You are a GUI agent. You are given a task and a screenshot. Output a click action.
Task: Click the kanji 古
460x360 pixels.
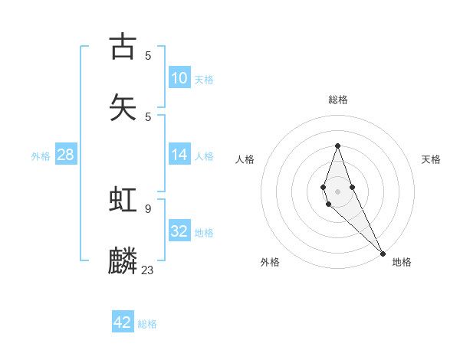click(x=123, y=47)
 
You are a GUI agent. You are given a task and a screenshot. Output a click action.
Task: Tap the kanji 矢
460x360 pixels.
click(x=123, y=107)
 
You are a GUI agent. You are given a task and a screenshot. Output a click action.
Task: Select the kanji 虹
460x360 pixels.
click(x=123, y=200)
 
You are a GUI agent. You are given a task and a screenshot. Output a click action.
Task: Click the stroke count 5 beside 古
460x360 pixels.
click(x=148, y=55)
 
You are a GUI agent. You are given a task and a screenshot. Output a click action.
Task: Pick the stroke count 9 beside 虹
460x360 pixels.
click(x=148, y=208)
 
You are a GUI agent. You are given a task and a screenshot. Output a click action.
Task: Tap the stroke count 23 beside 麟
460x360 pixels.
click(x=148, y=270)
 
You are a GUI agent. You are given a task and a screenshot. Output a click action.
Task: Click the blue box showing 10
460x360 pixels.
click(x=179, y=77)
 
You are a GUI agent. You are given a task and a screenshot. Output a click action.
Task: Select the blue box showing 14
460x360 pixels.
click(x=179, y=154)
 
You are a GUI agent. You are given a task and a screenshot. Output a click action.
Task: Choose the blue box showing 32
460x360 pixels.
click(x=179, y=231)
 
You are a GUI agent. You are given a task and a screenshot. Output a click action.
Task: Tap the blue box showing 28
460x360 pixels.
click(x=66, y=155)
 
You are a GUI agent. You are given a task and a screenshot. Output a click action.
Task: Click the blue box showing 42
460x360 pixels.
click(x=123, y=322)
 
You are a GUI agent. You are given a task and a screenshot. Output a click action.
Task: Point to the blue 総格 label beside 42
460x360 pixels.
click(x=147, y=324)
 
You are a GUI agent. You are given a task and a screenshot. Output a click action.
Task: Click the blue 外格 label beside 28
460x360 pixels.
click(x=41, y=156)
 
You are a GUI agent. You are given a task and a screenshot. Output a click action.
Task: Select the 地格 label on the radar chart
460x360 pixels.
click(x=402, y=262)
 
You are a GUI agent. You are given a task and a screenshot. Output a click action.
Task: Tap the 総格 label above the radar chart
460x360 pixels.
click(x=338, y=100)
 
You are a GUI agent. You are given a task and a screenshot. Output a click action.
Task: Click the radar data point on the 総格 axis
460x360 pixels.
click(x=337, y=146)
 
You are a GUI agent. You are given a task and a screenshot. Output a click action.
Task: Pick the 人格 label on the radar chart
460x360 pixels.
click(x=245, y=159)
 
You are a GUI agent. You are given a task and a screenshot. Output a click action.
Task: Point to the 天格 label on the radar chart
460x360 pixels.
click(x=432, y=159)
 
